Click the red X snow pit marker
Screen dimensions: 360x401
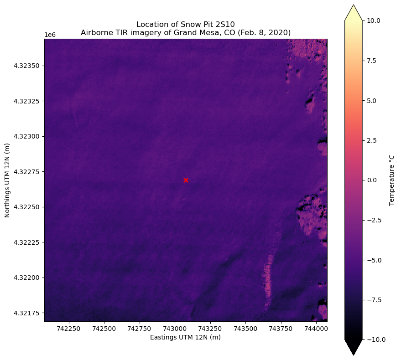186,180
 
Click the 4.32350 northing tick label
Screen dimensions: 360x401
26,66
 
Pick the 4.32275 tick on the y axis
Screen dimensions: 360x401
26,172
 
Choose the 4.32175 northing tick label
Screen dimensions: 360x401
26,313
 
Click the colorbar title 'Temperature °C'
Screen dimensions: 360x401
392,180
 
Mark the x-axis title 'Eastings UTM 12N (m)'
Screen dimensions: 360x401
186,338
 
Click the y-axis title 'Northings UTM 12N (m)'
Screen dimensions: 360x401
7,180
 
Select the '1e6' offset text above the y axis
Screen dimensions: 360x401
50,35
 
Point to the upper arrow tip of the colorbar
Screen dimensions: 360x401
354,6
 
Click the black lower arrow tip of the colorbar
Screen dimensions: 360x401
354,354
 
